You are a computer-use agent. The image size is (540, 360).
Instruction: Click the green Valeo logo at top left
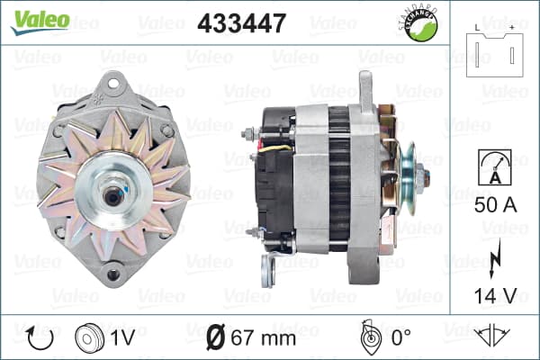[40, 22]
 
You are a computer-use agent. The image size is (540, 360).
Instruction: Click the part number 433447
[242, 23]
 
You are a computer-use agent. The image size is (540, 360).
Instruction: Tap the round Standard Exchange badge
[418, 22]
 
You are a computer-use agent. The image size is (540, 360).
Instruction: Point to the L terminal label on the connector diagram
[477, 28]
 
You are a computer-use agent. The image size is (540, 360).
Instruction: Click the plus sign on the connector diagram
[512, 28]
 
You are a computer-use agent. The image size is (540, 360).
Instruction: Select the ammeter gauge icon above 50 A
[495, 167]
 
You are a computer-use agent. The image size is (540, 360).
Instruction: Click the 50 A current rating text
[496, 205]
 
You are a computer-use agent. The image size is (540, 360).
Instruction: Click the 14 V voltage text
[496, 295]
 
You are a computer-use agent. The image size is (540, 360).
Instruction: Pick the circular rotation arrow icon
[40, 338]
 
